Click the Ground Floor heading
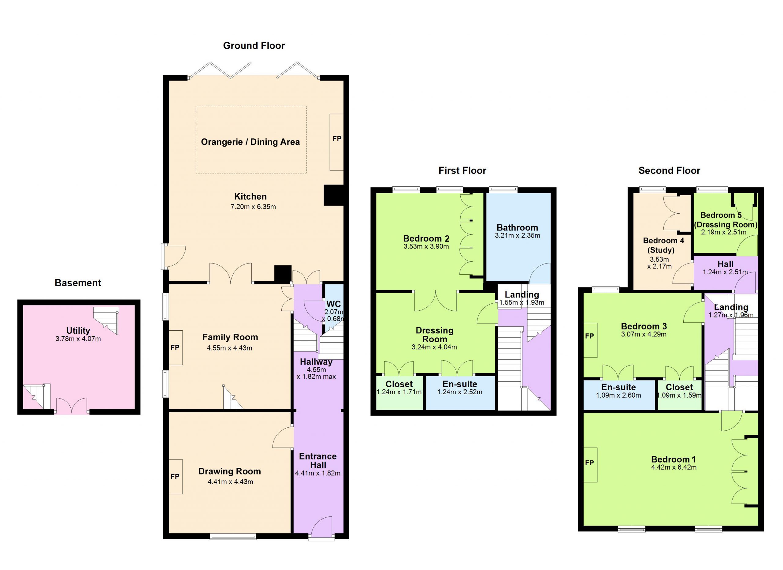click(x=254, y=46)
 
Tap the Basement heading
click(x=78, y=283)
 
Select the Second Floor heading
click(x=669, y=170)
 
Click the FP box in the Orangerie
click(x=337, y=142)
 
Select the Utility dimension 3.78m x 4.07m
click(x=78, y=339)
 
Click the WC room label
click(x=333, y=304)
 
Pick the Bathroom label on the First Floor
click(x=517, y=227)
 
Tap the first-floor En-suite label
click(x=459, y=384)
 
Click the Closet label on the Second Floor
click(x=679, y=387)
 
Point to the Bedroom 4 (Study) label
click(x=663, y=245)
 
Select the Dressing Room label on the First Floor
click(x=434, y=335)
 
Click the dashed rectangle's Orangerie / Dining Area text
click(x=250, y=142)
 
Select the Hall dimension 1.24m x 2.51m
click(x=725, y=272)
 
